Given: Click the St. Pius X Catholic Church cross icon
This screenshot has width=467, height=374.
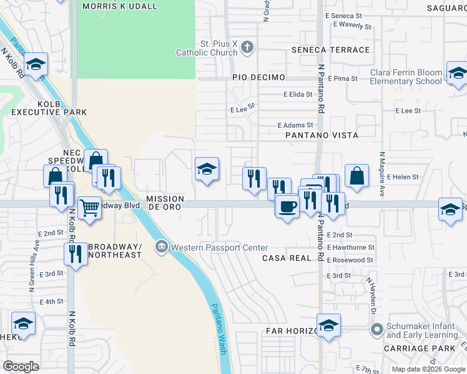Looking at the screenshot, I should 247,47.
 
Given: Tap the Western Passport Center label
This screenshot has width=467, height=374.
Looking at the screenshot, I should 220,247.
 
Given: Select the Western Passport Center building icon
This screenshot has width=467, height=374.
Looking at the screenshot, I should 162,247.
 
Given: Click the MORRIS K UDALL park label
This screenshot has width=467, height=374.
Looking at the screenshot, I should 120,6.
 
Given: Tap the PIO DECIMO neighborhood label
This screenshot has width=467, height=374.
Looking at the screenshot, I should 258,77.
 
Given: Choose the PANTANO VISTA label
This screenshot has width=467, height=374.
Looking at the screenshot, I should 322,135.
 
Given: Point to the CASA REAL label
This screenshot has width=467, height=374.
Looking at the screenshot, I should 287,258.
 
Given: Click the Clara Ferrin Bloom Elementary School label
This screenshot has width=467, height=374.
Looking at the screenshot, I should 406,77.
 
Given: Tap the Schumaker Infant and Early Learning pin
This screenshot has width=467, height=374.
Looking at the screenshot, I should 376,328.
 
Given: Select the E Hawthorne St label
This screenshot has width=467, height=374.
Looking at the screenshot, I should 350,247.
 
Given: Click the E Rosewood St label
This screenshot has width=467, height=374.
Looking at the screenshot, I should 350,260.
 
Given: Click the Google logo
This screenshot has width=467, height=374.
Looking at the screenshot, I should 21,367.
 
